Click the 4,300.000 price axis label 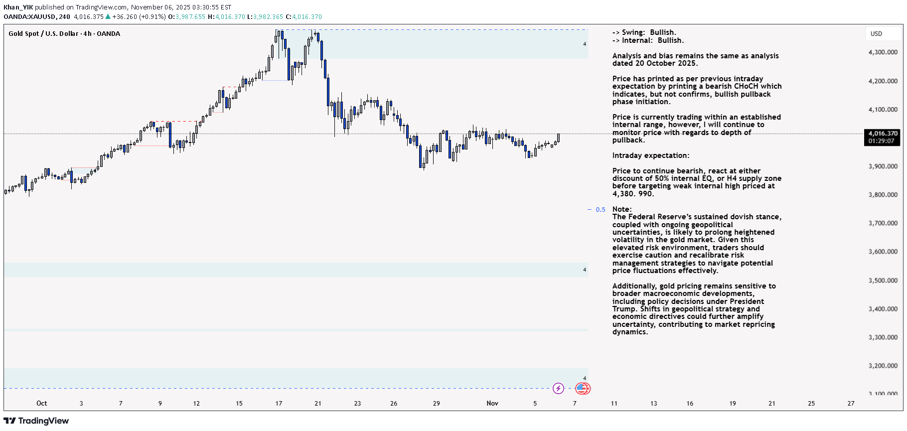click(x=883, y=52)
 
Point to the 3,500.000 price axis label click(x=883, y=281)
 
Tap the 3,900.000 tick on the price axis click(x=883, y=166)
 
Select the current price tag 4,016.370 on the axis click(x=883, y=134)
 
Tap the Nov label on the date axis click(x=492, y=404)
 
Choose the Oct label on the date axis click(x=41, y=404)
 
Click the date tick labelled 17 click(x=279, y=404)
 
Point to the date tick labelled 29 click(x=436, y=404)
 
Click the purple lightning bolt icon click(x=558, y=388)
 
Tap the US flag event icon click(x=582, y=388)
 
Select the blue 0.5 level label click(x=601, y=210)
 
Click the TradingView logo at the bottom click(x=36, y=421)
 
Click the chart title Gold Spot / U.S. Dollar click(x=43, y=34)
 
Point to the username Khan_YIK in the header click(x=18, y=7)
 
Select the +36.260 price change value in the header click(x=124, y=17)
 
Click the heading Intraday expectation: click(x=650, y=155)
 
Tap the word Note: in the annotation click(x=621, y=209)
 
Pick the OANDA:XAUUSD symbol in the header click(x=29, y=17)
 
